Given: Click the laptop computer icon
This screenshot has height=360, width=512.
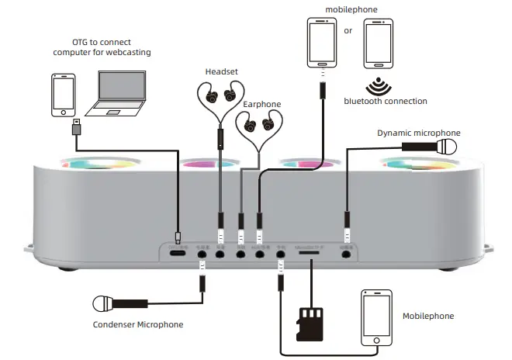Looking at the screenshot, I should (x=121, y=92).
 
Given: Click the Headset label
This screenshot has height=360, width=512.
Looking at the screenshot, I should (x=221, y=72).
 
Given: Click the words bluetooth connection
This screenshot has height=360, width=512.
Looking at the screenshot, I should (x=386, y=101).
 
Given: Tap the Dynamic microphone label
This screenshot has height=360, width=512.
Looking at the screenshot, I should (x=418, y=133).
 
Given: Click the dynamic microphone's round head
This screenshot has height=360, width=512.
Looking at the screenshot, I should (x=448, y=147).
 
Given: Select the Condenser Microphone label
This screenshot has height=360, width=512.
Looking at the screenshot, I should (x=138, y=324).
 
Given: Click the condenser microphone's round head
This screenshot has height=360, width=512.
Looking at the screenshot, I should (x=102, y=303).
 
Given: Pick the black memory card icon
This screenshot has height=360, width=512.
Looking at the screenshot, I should (x=310, y=323).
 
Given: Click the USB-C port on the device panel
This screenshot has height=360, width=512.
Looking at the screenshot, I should (x=178, y=253).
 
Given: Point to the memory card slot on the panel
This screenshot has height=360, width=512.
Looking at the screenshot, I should (x=311, y=253).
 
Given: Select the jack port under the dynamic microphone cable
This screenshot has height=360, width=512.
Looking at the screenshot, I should (x=347, y=253).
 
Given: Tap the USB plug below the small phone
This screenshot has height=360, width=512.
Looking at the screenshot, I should (x=75, y=127).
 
